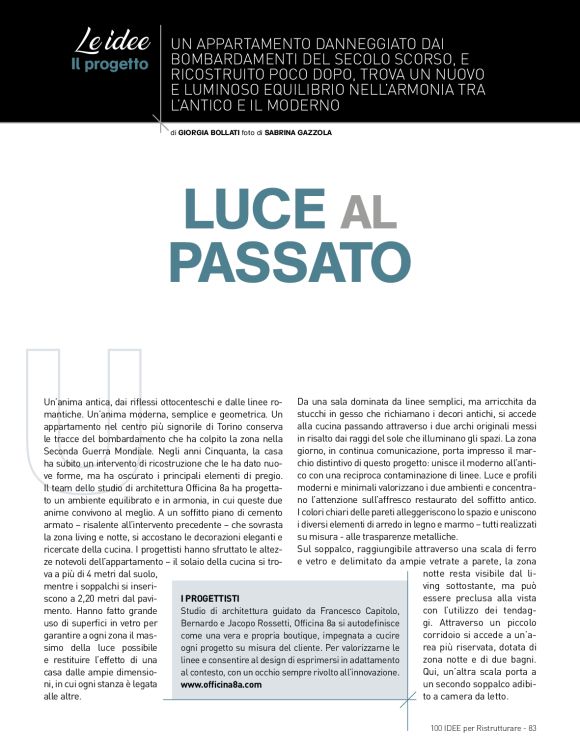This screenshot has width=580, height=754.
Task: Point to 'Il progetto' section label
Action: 110,65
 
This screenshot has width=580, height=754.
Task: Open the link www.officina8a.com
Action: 221,685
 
